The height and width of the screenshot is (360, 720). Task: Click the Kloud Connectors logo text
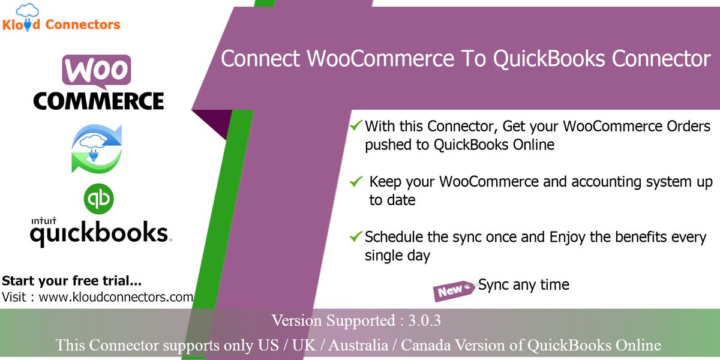[x=61, y=25]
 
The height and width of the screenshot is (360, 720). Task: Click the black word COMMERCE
[x=98, y=101]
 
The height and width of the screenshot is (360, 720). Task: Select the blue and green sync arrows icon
[x=96, y=148]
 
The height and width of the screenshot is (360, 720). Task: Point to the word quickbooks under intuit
[x=99, y=233]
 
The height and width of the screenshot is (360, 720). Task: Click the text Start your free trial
[x=73, y=281]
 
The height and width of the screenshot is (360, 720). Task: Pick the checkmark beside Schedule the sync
[x=356, y=236]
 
